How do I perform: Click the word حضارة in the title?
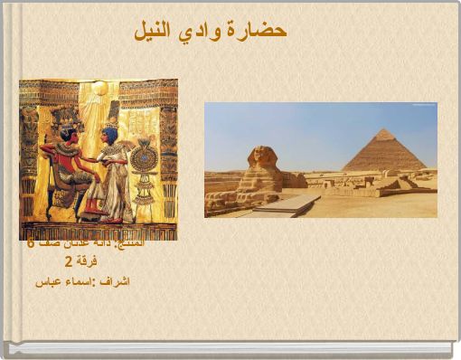[257, 30]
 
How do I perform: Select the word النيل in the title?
[154, 30]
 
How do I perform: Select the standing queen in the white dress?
[111, 172]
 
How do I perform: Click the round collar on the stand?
[143, 159]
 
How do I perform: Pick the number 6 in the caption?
[31, 244]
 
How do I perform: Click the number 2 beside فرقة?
[68, 262]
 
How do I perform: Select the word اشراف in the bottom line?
[117, 281]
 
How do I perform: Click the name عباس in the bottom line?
[47, 281]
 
